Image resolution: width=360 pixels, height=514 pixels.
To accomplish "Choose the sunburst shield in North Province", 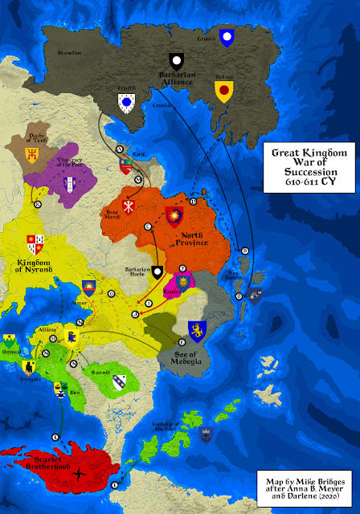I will tap(173, 215).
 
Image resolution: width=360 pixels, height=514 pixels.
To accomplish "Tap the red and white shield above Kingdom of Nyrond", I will tap(35, 241).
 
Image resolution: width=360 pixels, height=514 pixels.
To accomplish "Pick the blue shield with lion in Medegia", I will tap(195, 329).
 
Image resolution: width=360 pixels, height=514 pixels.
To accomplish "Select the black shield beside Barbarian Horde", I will tap(158, 272).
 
